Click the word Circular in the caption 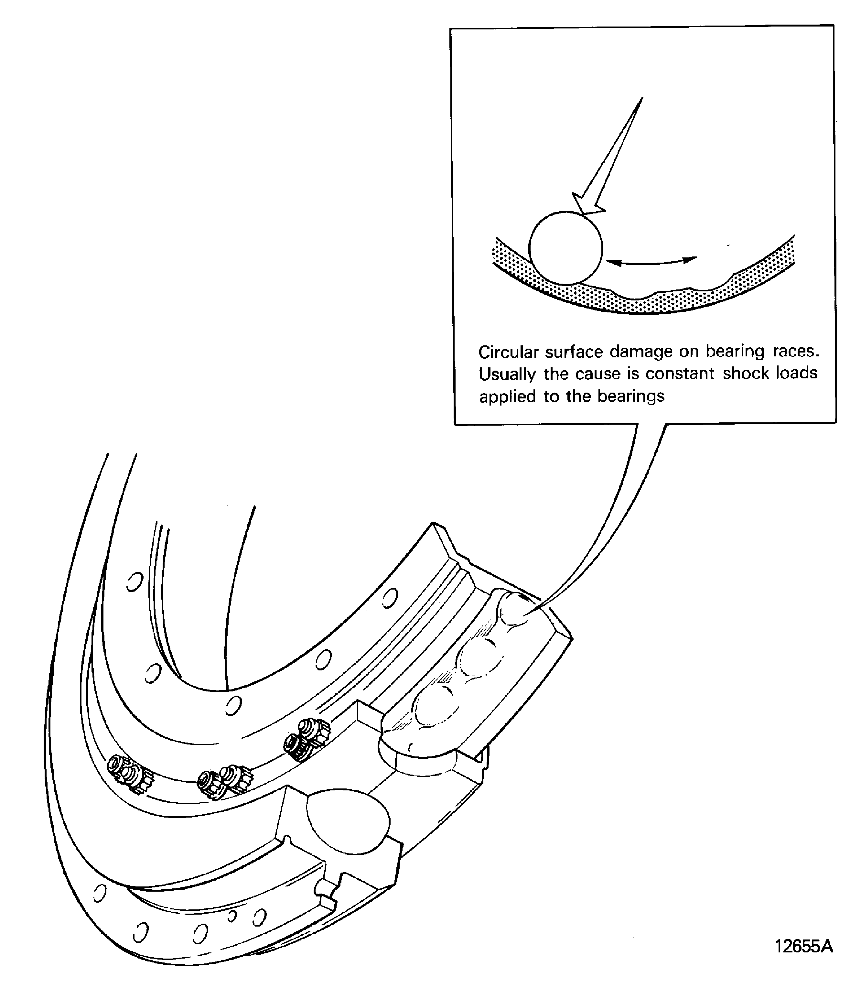[508, 352]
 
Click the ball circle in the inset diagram [565, 248]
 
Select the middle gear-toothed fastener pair [224, 783]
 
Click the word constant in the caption [679, 374]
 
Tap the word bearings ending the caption [631, 396]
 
